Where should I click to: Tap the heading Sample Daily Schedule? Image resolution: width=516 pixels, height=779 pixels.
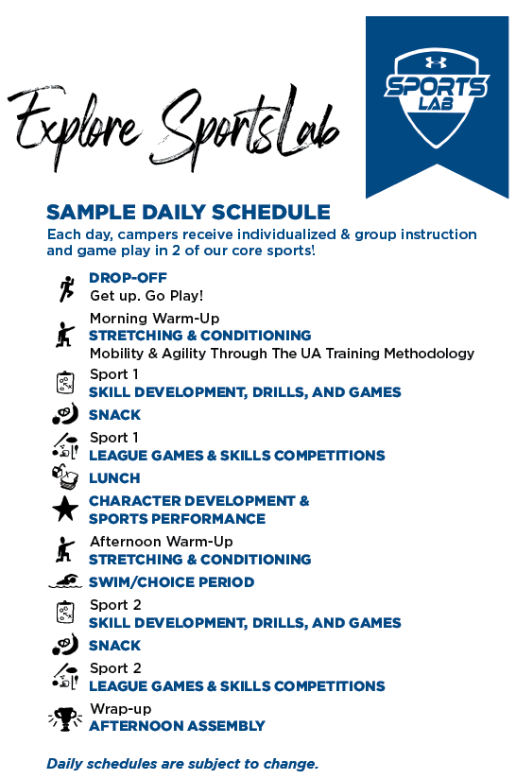pyautogui.click(x=188, y=212)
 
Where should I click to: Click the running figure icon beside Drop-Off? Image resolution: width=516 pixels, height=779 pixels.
pyautogui.click(x=65, y=288)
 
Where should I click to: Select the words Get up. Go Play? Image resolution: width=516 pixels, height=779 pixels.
pyautogui.click(x=146, y=296)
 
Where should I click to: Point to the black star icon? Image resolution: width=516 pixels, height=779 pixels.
pyautogui.click(x=65, y=509)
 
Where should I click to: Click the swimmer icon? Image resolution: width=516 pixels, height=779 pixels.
pyautogui.click(x=65, y=580)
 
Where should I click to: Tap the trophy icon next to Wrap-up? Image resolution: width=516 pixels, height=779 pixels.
pyautogui.click(x=65, y=718)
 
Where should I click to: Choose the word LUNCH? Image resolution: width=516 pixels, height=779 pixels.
pyautogui.click(x=114, y=478)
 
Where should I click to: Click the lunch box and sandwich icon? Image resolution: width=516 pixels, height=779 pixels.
pyautogui.click(x=65, y=476)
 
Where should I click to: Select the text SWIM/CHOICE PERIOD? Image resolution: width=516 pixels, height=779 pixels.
pyautogui.click(x=172, y=581)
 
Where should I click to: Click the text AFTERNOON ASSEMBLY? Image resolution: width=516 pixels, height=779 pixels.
pyautogui.click(x=178, y=726)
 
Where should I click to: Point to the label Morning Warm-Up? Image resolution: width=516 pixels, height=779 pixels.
pyautogui.click(x=154, y=318)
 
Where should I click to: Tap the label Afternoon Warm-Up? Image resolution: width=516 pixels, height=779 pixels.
pyautogui.click(x=162, y=541)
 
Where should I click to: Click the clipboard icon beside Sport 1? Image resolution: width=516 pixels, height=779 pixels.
pyautogui.click(x=65, y=383)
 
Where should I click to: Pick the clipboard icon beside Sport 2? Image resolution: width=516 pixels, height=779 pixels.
pyautogui.click(x=65, y=612)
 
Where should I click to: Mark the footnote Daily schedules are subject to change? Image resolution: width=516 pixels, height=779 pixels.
pyautogui.click(x=182, y=764)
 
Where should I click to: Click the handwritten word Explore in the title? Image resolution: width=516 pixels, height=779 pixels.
pyautogui.click(x=75, y=124)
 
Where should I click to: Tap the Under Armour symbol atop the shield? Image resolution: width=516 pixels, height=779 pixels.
pyautogui.click(x=436, y=62)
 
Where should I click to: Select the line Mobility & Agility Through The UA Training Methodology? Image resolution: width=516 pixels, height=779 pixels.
pyautogui.click(x=282, y=354)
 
